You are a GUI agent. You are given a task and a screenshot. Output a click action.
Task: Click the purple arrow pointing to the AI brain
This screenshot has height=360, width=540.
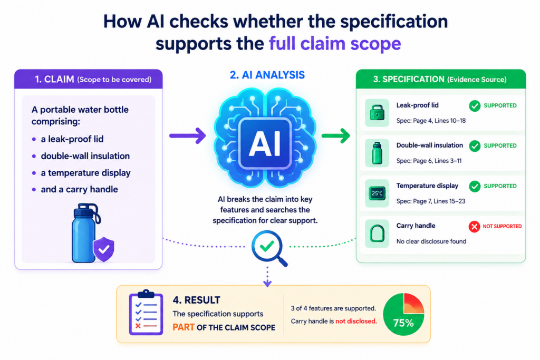pyautogui.click(x=188, y=135)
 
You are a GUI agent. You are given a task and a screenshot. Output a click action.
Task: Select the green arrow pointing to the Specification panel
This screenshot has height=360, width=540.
pyautogui.click(x=336, y=135)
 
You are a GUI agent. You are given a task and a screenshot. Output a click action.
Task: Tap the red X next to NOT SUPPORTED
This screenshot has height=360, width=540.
pyautogui.click(x=474, y=227)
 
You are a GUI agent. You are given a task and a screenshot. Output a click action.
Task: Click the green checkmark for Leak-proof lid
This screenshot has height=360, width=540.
pyautogui.click(x=475, y=105)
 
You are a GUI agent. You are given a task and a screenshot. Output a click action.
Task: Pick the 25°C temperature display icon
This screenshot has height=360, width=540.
pyautogui.click(x=377, y=193)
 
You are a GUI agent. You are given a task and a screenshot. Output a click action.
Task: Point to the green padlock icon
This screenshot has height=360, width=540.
pyautogui.click(x=377, y=113)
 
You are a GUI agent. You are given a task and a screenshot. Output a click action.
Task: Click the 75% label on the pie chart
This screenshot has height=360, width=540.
pyautogui.click(x=403, y=323)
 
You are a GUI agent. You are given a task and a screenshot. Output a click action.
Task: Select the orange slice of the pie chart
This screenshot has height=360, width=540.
pyautogui.click(x=413, y=304)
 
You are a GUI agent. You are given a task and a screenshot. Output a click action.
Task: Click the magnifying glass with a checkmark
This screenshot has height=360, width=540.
pyautogui.click(x=269, y=248)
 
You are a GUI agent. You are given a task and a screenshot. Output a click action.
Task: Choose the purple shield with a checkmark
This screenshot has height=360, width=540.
pyautogui.click(x=104, y=249)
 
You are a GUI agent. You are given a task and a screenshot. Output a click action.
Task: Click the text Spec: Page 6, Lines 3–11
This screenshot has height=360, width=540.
pyautogui.click(x=429, y=161)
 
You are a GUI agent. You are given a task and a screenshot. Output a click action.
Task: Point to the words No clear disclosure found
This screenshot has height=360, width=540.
pyautogui.click(x=431, y=241)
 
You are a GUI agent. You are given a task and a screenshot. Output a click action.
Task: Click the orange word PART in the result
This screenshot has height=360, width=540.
pyautogui.click(x=183, y=327)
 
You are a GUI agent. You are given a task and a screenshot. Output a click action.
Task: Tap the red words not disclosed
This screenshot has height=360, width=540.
pyautogui.click(x=356, y=321)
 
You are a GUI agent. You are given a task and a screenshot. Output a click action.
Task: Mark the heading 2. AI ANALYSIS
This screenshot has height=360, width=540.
pyautogui.click(x=267, y=75)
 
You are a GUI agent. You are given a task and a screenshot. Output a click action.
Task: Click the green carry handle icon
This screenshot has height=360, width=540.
pyautogui.click(x=377, y=233)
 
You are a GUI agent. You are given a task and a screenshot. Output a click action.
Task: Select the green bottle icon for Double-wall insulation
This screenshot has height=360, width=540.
pyautogui.click(x=377, y=153)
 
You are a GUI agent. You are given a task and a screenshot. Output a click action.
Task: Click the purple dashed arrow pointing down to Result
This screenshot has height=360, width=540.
pyautogui.click(x=267, y=276)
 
